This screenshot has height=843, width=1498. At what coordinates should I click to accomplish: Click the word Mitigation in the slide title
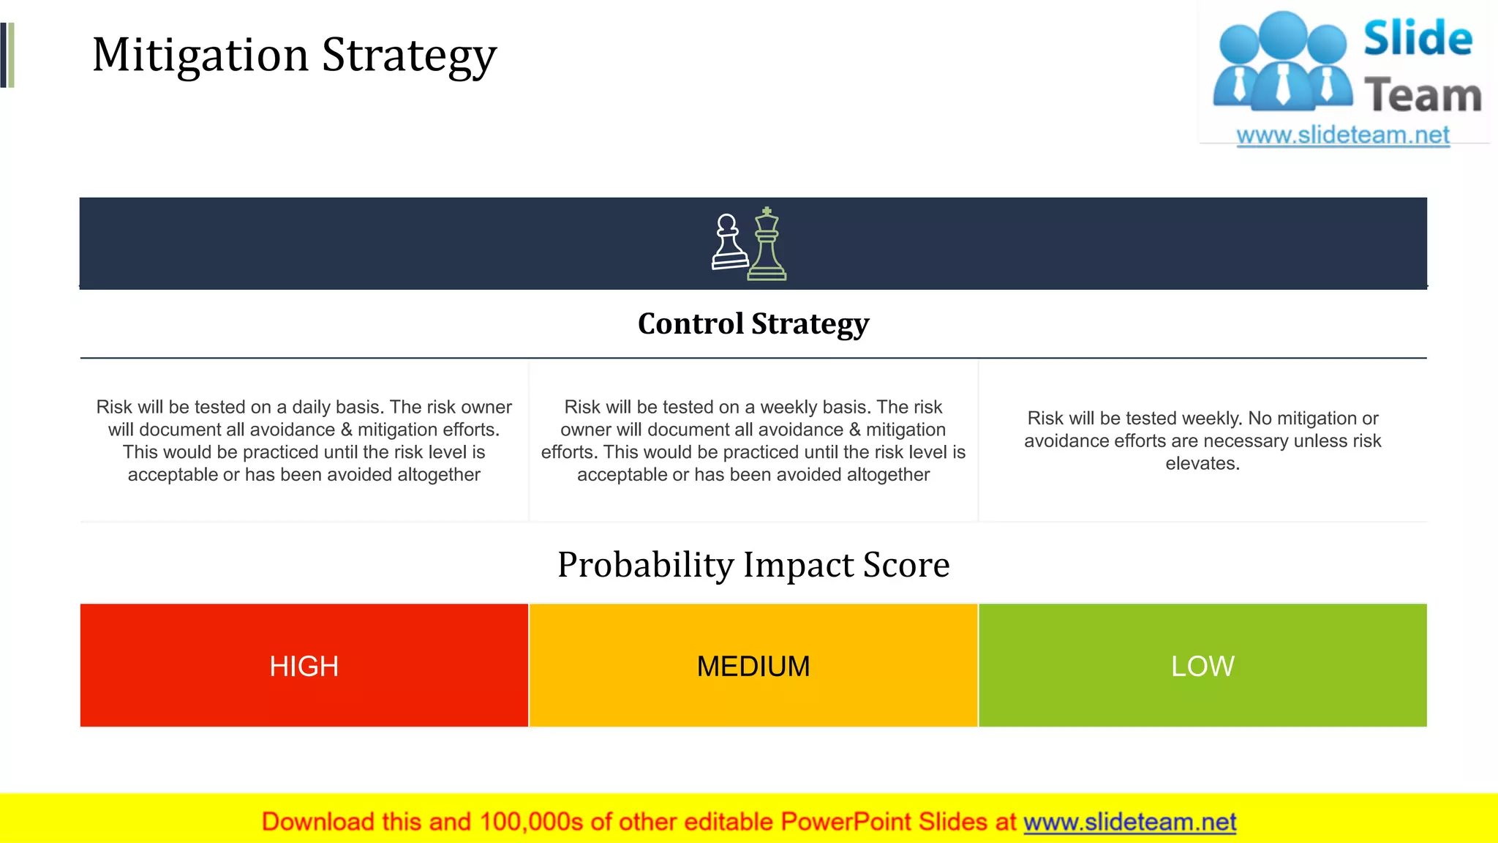pyautogui.click(x=200, y=56)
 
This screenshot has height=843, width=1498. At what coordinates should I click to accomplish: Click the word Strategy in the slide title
pyautogui.click(x=409, y=56)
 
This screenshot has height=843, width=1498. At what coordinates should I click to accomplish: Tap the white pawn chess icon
pyautogui.click(x=729, y=243)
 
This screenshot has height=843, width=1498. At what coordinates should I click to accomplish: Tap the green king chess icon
pyautogui.click(x=767, y=246)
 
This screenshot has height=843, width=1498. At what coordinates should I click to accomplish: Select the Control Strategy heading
pyautogui.click(x=753, y=323)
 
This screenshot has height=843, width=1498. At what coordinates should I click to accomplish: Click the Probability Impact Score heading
pyautogui.click(x=753, y=565)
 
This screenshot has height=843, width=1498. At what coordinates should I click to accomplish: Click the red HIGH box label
pyautogui.click(x=304, y=666)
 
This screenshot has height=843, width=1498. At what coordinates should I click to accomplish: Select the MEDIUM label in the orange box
pyautogui.click(x=753, y=666)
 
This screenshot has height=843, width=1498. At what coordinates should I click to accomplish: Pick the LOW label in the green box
pyautogui.click(x=1202, y=666)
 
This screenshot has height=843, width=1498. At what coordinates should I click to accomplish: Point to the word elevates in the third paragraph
pyautogui.click(x=1202, y=464)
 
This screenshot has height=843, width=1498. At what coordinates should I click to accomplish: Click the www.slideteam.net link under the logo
pyautogui.click(x=1343, y=135)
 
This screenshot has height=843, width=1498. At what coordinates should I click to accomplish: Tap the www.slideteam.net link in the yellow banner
pyautogui.click(x=1129, y=822)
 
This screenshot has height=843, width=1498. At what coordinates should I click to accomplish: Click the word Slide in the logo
pyautogui.click(x=1418, y=39)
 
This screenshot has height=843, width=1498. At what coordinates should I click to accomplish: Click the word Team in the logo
pyautogui.click(x=1423, y=96)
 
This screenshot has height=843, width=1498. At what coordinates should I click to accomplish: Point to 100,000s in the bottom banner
pyautogui.click(x=531, y=822)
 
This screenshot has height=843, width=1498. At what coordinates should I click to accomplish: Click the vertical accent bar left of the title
pyautogui.click(x=7, y=56)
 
